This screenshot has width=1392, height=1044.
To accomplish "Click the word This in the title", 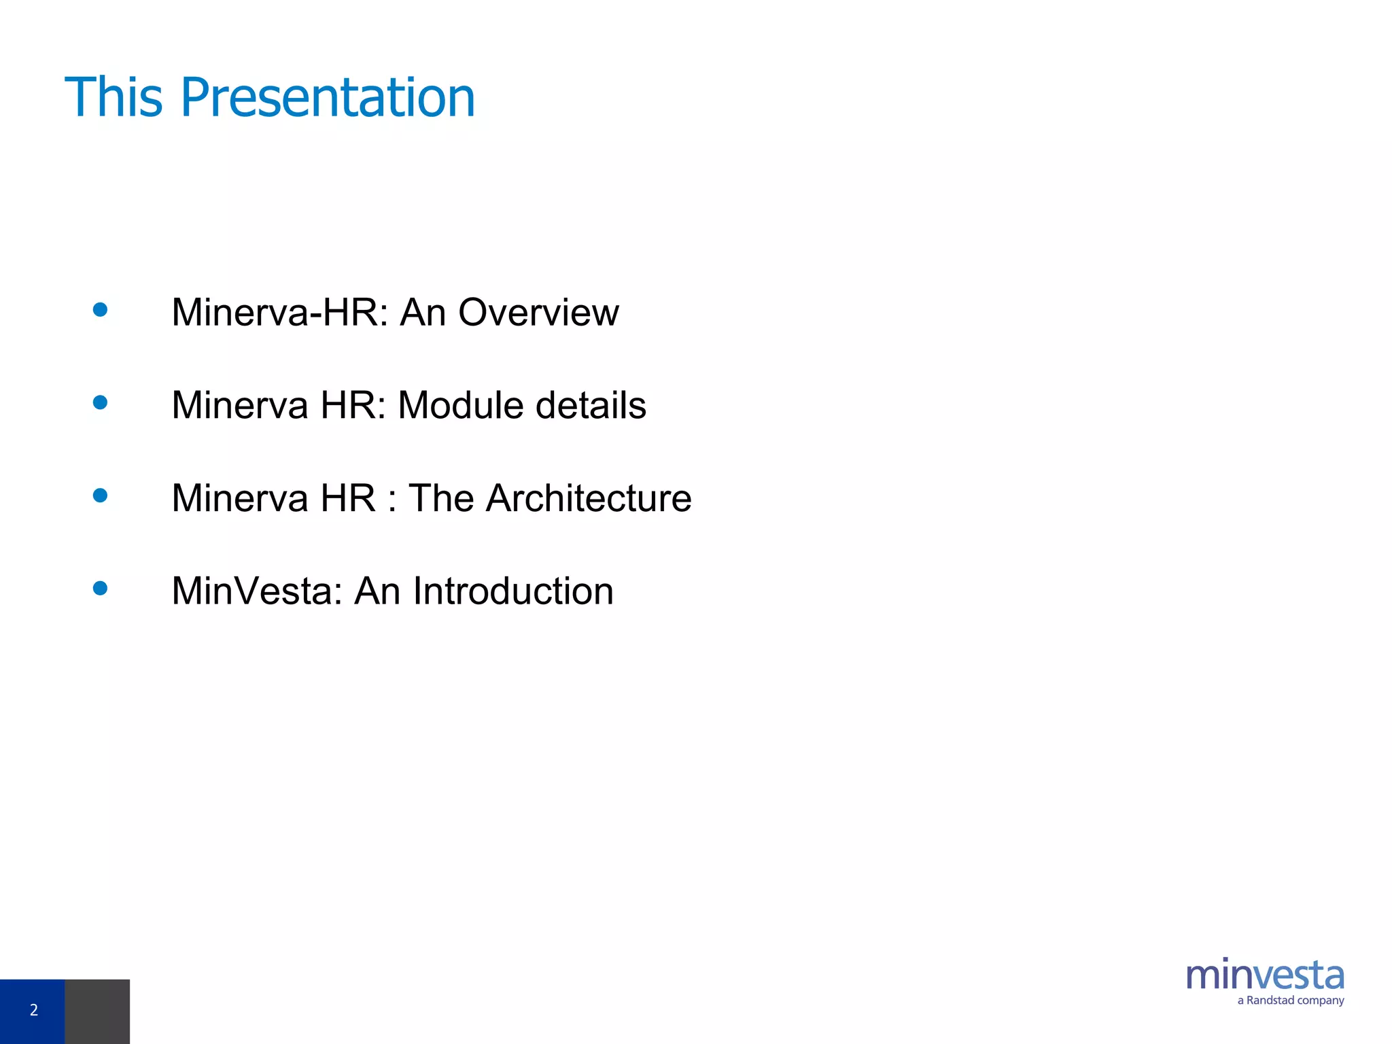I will point(114,97).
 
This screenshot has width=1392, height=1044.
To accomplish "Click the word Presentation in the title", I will point(327,99).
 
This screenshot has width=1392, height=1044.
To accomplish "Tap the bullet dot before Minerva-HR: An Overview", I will point(100,310).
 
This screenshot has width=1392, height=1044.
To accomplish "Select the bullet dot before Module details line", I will point(100,403).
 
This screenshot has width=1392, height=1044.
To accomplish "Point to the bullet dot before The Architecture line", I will point(100,495).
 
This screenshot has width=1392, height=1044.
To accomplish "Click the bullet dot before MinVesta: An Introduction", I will point(100,589).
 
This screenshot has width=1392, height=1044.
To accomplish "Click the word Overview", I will point(538,313).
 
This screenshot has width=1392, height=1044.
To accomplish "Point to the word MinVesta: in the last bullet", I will point(257,591).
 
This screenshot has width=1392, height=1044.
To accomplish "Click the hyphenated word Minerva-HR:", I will point(280,313).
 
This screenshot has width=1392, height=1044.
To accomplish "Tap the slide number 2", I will point(33,1010).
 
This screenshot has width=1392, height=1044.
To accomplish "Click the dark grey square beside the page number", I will point(97,1011).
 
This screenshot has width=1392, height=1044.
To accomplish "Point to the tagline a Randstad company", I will point(1290,1000).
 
